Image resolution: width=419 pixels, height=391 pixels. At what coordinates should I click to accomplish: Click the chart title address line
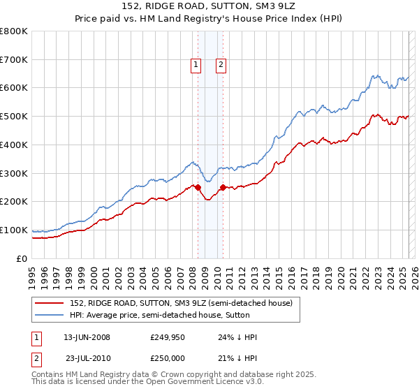pos(209,8)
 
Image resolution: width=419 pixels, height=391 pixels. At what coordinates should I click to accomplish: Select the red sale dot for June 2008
pos(198,187)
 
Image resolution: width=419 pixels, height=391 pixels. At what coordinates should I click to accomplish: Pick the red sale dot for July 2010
pos(223,187)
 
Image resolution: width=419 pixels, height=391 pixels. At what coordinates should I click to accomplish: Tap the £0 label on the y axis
pos(22,258)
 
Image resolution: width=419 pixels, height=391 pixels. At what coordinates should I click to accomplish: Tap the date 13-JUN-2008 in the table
pos(87,337)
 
